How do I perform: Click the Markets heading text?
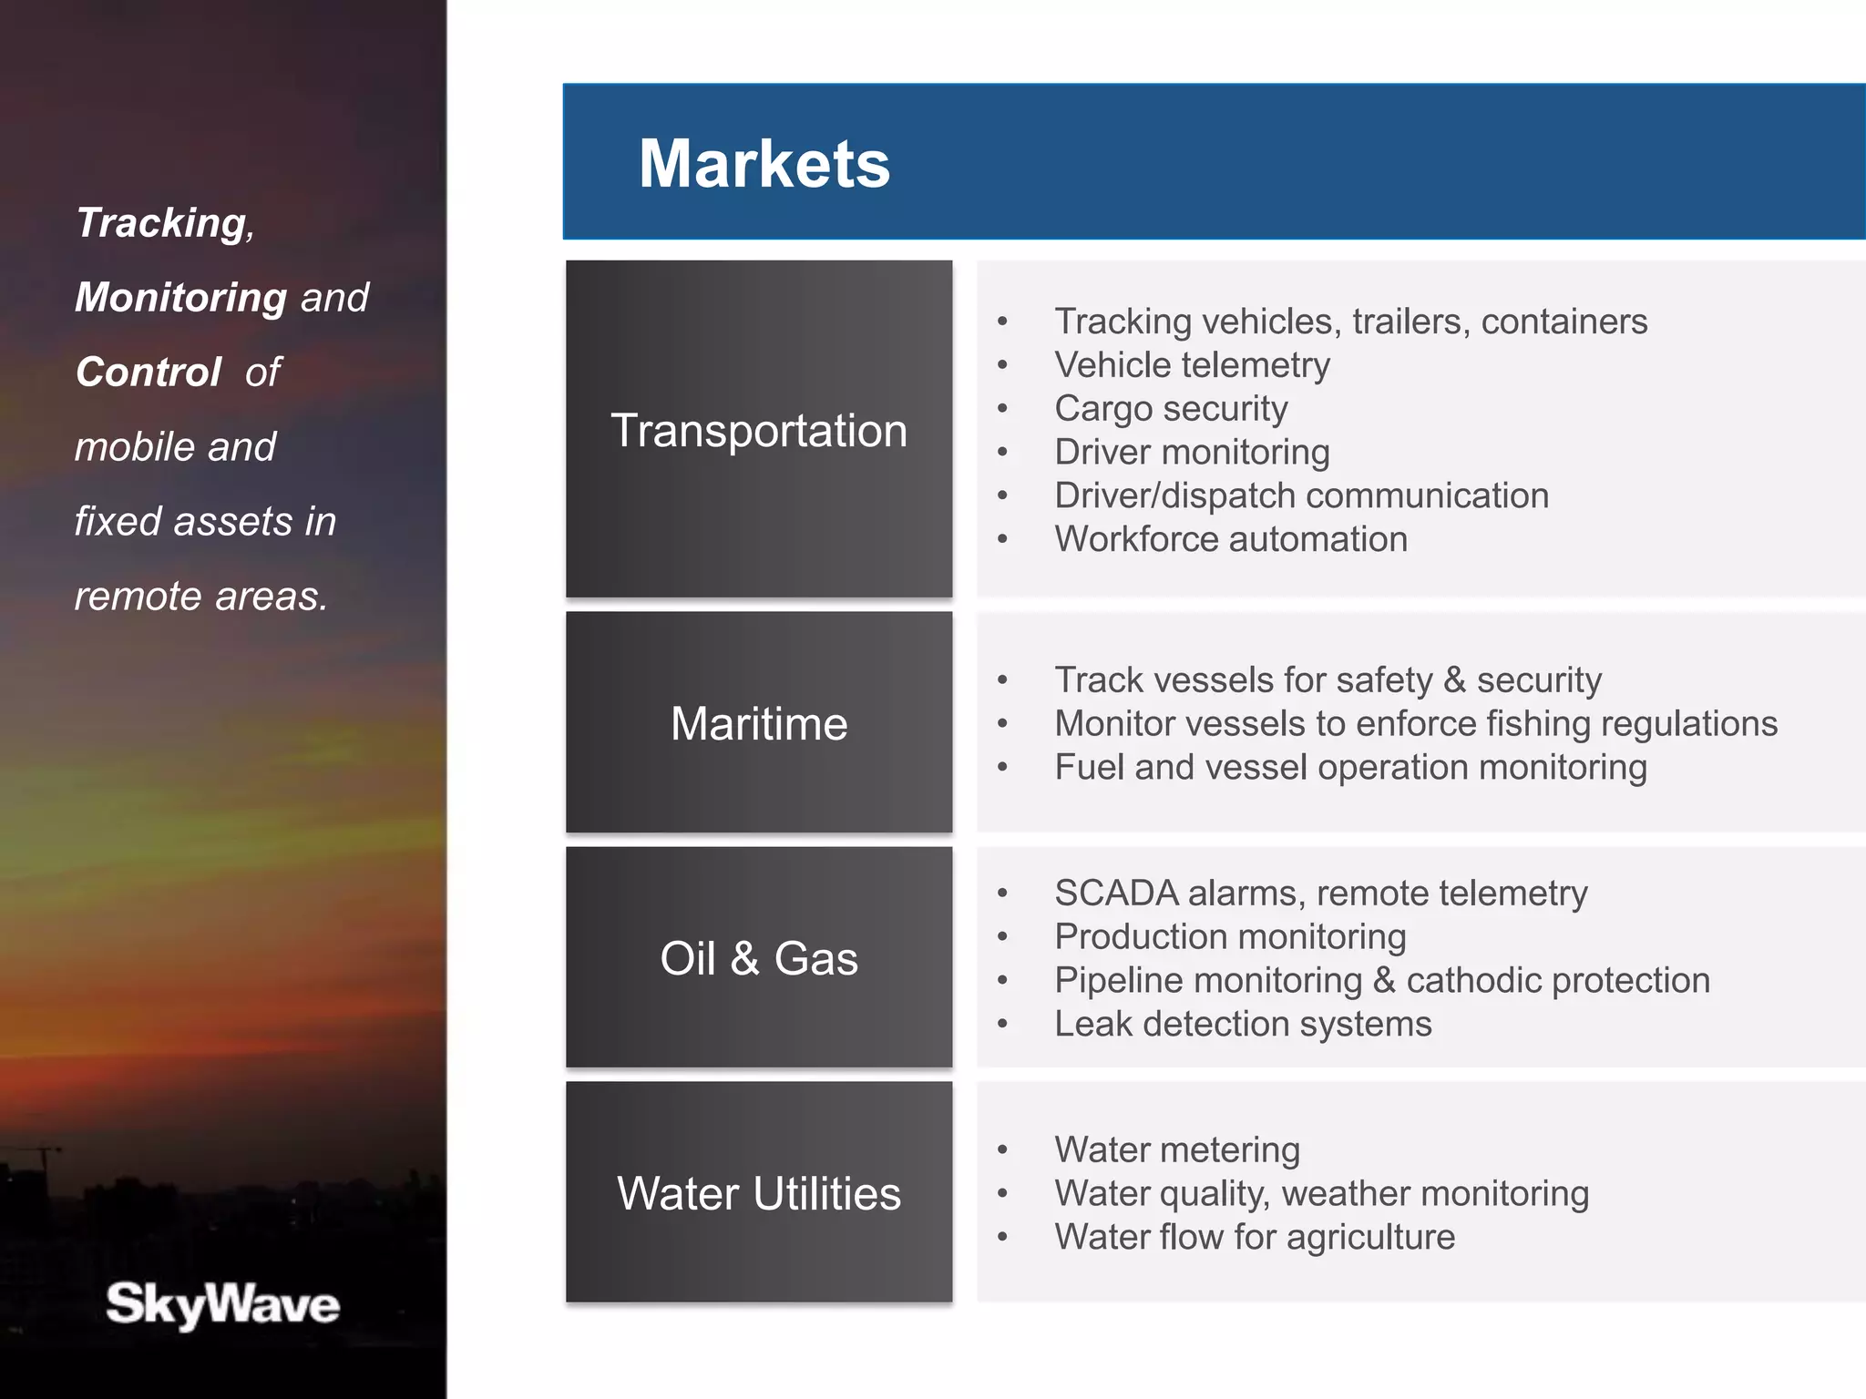pos(764,164)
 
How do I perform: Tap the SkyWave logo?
pos(222,1303)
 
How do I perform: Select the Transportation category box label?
pos(759,430)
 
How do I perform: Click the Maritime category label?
pos(759,724)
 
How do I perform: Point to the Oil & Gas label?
pos(759,958)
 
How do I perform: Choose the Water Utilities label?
pos(759,1193)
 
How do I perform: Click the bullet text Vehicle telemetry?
pos(1192,365)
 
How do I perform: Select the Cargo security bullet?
pos(1171,409)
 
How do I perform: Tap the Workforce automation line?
pos(1230,539)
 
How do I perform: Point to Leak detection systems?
pos(1243,1024)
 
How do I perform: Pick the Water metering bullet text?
pos(1177,1149)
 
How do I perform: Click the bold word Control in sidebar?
pos(149,373)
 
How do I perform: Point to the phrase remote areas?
pos(200,597)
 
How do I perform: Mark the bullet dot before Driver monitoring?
pos(1002,453)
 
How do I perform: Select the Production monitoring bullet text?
pos(1230,937)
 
